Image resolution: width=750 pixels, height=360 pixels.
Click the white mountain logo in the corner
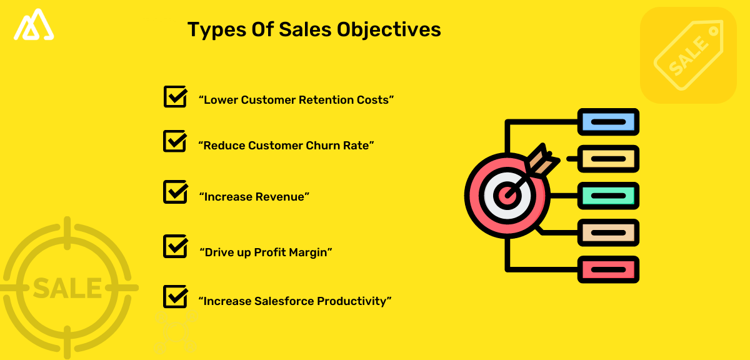point(35,25)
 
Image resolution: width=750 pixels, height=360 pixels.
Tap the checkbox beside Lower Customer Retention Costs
point(175,97)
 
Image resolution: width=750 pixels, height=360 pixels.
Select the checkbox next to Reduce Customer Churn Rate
point(175,141)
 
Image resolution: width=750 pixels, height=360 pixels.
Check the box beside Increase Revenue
point(175,192)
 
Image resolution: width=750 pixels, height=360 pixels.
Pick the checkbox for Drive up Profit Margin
point(175,246)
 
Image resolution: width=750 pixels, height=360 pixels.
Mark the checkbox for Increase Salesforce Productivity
point(175,296)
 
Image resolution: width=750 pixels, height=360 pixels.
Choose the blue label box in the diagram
point(608,122)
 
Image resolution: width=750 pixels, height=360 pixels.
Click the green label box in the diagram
point(608,196)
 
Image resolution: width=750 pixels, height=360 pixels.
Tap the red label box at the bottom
point(608,269)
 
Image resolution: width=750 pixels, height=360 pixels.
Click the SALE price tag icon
point(687,55)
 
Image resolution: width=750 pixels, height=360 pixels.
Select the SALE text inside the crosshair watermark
point(67,288)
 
